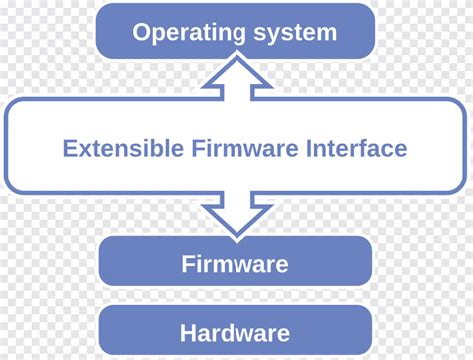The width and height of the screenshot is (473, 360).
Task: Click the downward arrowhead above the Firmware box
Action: [235, 220]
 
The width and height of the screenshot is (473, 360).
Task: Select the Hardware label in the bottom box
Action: [235, 333]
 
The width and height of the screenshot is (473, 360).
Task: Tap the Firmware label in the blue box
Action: [235, 264]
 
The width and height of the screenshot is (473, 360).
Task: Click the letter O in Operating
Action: [142, 32]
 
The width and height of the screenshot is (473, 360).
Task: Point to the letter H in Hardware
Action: [188, 333]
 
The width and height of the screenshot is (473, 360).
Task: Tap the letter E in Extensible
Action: [68, 149]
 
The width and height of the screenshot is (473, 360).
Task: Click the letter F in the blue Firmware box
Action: [187, 264]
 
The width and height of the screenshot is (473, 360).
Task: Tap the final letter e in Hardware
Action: [283, 334]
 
